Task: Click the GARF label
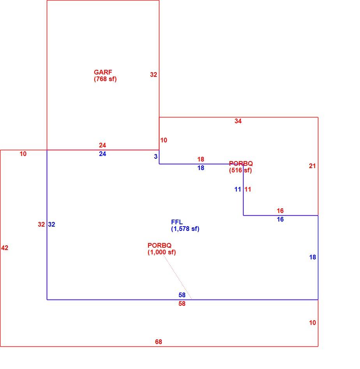point(103,72)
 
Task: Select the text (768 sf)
point(105,79)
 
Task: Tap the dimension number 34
point(238,121)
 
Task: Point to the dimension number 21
point(312,166)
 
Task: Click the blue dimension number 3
point(155,156)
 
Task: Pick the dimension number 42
point(5,248)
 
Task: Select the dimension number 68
point(159,342)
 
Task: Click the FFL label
point(177,222)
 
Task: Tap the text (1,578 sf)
point(185,229)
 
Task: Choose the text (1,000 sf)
point(162,252)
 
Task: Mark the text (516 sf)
point(240,170)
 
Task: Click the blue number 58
point(182,295)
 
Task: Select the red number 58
point(182,304)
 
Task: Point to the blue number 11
point(238,190)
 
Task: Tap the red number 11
point(248,190)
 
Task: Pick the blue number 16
point(281,220)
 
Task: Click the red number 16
point(281,211)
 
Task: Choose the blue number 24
point(102,154)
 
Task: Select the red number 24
point(102,145)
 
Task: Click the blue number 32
point(52,225)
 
